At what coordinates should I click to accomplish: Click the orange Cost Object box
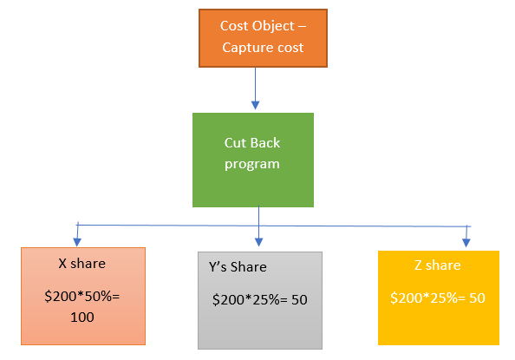point(264,38)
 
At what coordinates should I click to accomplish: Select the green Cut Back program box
point(252,160)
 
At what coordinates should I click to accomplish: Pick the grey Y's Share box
point(260,299)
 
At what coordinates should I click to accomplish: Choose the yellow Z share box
point(438,298)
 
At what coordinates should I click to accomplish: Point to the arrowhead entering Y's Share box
point(259,243)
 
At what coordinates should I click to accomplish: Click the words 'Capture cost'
point(263,48)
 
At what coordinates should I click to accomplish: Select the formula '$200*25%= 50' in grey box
point(260,299)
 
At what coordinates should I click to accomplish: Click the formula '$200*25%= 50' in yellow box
point(438,298)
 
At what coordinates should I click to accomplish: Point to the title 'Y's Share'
point(237,267)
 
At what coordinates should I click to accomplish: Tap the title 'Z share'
point(438,265)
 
